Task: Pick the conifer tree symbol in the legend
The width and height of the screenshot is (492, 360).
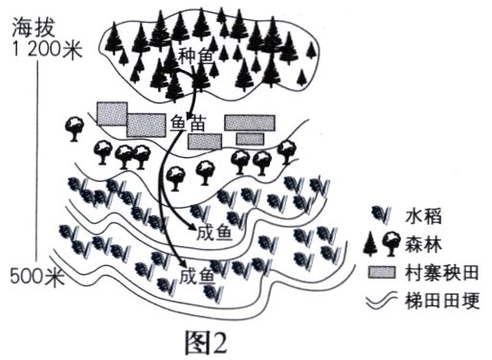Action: (x=371, y=245)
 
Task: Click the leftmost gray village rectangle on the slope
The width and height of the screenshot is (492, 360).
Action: (x=112, y=113)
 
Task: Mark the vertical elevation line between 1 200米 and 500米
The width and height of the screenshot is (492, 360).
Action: (x=36, y=163)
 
